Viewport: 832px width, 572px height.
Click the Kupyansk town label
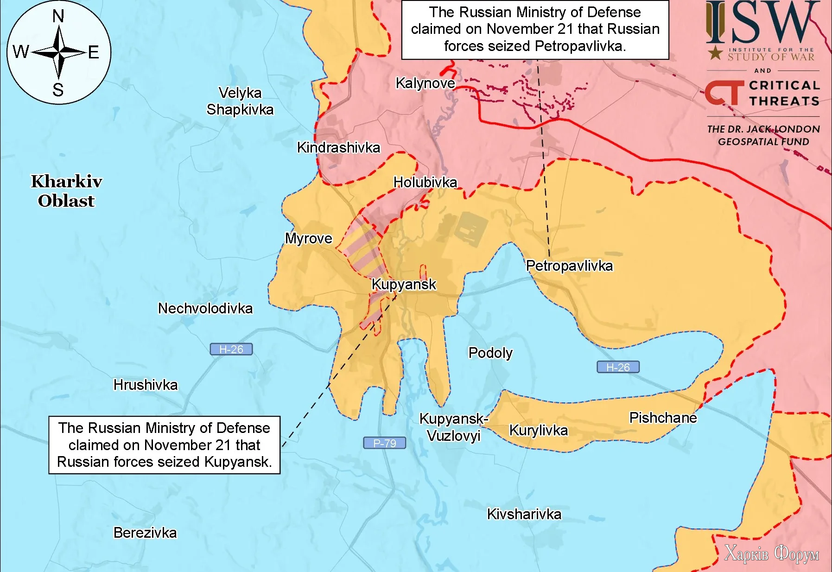coord(404,284)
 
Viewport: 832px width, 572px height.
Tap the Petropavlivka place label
coord(569,266)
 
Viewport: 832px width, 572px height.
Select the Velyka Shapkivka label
coord(240,101)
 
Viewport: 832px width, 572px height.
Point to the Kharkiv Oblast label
coord(66,191)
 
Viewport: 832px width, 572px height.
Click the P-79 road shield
coord(384,443)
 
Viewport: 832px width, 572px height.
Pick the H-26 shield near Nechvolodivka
coord(231,349)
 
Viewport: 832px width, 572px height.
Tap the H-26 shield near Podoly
coord(617,367)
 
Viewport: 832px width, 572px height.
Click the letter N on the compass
coord(58,17)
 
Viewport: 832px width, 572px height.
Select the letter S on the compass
coord(58,89)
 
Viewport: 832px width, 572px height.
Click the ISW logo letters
coord(762,22)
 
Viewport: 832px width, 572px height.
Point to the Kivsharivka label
coord(524,514)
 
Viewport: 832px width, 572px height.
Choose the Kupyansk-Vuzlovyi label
coord(453,427)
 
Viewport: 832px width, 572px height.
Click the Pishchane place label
coord(662,418)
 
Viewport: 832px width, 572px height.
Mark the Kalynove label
coord(425,83)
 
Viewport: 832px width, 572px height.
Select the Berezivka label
coord(145,533)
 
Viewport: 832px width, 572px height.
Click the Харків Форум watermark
coord(771,553)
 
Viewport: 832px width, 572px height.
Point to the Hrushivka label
coord(146,385)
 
